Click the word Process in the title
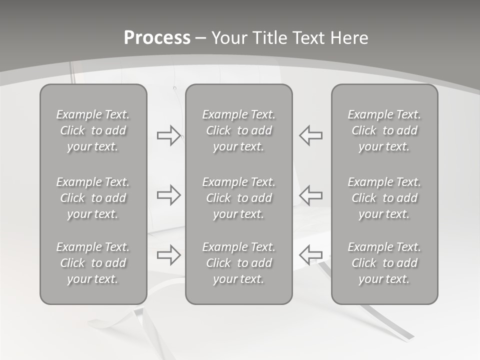(x=157, y=38)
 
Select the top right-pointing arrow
(x=168, y=135)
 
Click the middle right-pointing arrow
(x=168, y=194)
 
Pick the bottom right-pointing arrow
(x=168, y=255)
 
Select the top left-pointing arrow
(x=311, y=135)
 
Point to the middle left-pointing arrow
(x=311, y=194)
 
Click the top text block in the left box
(x=93, y=130)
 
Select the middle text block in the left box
(x=93, y=198)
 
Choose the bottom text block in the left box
(x=93, y=263)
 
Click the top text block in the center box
(x=239, y=130)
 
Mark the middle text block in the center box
(x=239, y=198)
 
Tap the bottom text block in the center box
(x=239, y=263)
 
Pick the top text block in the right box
(x=384, y=130)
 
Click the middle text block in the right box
(x=384, y=198)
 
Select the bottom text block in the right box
(x=384, y=263)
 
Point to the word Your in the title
(x=228, y=38)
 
